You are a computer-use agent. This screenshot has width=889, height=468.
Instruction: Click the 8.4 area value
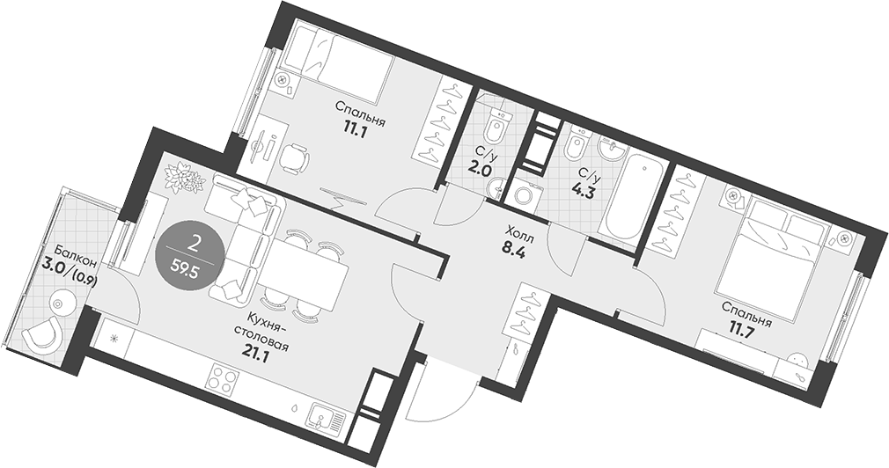tap(513, 249)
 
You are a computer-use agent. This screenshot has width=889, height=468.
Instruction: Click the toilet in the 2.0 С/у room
tap(496, 127)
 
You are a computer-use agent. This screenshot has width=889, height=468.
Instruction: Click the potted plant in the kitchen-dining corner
tap(182, 178)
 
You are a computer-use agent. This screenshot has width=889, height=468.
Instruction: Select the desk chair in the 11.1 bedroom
tap(294, 157)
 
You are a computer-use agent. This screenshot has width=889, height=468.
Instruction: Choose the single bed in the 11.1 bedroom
tap(338, 59)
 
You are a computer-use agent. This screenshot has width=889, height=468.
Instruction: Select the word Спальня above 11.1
tap(360, 113)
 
